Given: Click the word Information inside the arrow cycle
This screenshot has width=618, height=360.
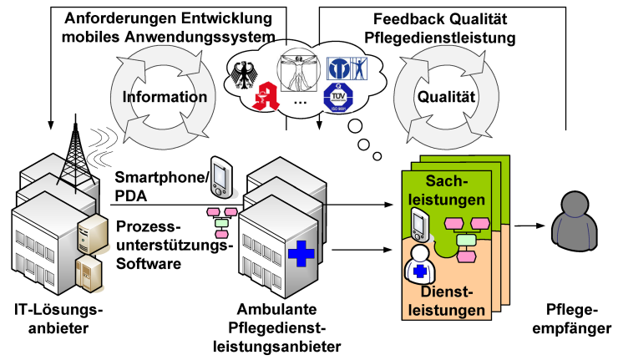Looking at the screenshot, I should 165,97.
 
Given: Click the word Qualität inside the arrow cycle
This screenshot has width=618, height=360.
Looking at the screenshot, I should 446,97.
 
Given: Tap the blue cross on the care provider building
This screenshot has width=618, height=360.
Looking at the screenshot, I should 297,251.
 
